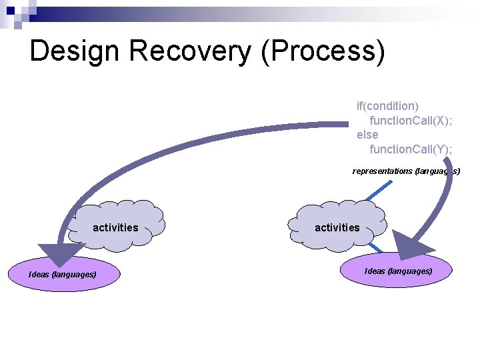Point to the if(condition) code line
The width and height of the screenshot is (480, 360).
pos(387,105)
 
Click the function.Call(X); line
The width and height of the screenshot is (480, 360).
pos(411,120)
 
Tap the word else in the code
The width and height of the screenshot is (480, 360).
pos(367,135)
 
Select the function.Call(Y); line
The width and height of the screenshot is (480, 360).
pos(411,149)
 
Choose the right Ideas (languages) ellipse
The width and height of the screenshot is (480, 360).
pos(396,271)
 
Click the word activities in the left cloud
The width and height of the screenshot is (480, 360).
pos(115,228)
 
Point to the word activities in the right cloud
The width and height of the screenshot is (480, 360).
pos(337,228)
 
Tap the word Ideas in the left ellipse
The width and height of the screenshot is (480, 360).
pos(39,275)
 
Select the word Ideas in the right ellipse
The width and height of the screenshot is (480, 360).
pos(375,271)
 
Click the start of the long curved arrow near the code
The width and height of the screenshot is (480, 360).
pos(343,124)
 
